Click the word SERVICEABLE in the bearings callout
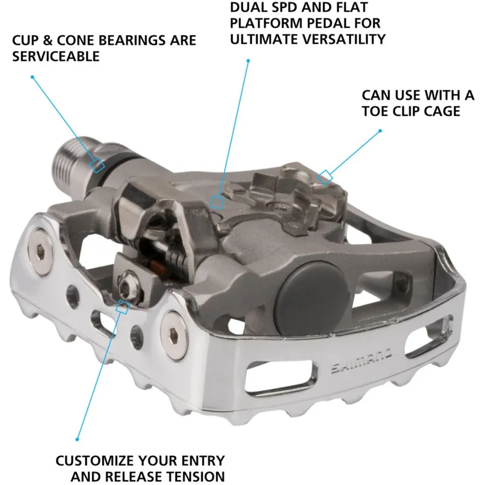[x=56, y=56]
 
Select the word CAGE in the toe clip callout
[x=443, y=111]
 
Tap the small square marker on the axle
[x=98, y=165]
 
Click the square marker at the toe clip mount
[x=326, y=176]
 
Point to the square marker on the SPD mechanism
[x=216, y=202]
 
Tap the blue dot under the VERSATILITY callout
[x=249, y=60]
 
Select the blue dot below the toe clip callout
[x=381, y=130]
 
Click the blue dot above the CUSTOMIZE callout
[x=78, y=438]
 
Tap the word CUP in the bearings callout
[x=26, y=41]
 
